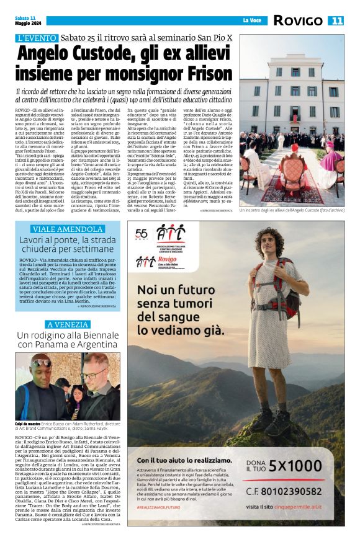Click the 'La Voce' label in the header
[251, 20]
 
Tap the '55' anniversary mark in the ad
[142, 233]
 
